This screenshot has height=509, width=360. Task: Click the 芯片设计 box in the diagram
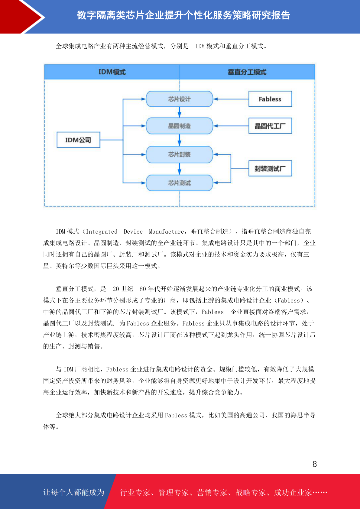point(179,99)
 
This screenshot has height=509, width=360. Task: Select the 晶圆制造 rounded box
point(179,126)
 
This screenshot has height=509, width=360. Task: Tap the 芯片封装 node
point(179,154)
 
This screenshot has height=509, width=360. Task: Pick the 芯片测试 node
point(179,183)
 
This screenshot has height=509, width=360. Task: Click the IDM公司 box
point(78,140)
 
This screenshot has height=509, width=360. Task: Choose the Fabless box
point(270,99)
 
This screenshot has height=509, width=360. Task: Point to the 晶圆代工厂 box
point(270,126)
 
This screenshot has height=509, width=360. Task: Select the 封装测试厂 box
point(270,168)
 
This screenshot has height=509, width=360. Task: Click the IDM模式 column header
point(112,72)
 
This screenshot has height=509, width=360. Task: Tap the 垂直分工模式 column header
point(247,72)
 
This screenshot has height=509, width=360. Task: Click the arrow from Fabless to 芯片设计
point(231,99)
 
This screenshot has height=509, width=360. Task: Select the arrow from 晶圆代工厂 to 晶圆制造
point(231,126)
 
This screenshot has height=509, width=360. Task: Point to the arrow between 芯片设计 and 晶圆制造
point(179,112)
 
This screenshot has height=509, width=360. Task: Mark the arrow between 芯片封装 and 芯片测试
point(179,169)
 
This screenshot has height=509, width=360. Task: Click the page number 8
point(315,464)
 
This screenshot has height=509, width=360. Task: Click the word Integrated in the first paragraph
point(102,232)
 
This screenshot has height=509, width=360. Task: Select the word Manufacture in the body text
point(166,232)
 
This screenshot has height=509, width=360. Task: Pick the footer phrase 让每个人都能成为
point(74,492)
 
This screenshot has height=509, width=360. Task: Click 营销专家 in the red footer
point(212,492)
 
